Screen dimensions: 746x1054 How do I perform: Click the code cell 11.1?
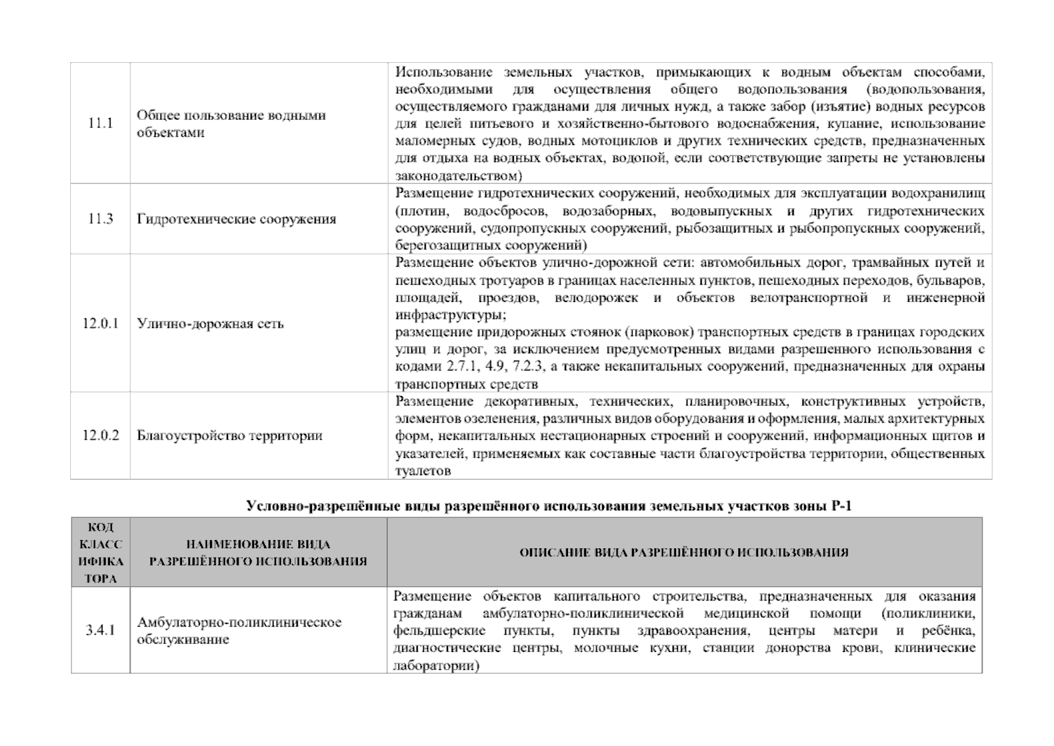(x=100, y=123)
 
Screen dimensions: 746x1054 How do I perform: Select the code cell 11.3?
(x=100, y=219)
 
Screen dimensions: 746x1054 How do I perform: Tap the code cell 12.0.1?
(x=100, y=323)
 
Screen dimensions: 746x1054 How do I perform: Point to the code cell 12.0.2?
(x=100, y=435)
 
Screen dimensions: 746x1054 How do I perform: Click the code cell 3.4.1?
(x=100, y=630)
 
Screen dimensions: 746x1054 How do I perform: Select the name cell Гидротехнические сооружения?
(x=236, y=219)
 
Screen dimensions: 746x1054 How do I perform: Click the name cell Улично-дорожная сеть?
(x=210, y=323)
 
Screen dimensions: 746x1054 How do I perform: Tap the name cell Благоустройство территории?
(x=229, y=435)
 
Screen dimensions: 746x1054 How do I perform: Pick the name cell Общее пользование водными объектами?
(x=231, y=124)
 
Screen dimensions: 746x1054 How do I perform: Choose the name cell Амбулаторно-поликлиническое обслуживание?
(x=239, y=630)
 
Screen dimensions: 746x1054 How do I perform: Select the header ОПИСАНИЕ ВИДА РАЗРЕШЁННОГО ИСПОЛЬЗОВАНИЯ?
(x=684, y=552)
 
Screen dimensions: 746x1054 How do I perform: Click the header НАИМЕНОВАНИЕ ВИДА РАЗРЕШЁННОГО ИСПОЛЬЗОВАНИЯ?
(x=258, y=553)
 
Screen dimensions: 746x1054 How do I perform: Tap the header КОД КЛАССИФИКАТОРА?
(x=100, y=553)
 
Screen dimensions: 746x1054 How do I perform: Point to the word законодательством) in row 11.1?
(x=459, y=175)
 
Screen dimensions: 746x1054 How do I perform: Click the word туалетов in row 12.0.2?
(x=423, y=471)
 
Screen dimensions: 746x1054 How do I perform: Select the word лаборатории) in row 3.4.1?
(x=436, y=666)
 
